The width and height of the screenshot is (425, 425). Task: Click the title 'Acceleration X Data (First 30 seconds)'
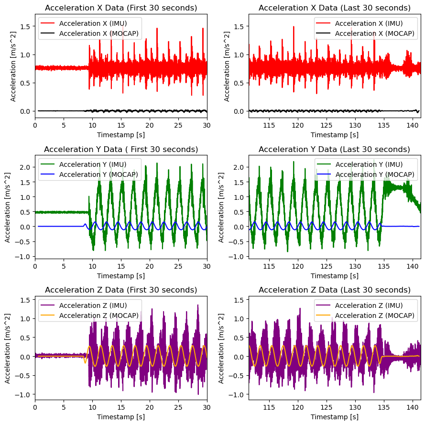(120, 8)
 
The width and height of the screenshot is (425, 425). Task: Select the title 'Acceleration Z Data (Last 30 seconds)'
(335, 290)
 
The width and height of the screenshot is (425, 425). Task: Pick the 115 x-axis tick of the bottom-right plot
(270, 407)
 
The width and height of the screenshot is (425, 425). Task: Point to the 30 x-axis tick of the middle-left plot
(207, 266)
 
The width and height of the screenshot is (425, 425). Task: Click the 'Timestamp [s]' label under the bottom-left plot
(120, 417)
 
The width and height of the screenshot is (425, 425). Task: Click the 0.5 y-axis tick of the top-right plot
(240, 83)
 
